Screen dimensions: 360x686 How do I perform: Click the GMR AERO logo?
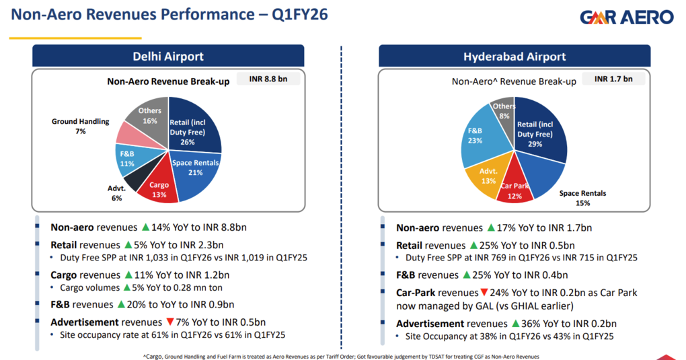point(625,18)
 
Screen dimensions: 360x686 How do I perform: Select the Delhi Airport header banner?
point(167,56)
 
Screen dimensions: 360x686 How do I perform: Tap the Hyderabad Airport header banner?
point(514,56)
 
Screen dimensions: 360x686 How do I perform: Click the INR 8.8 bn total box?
point(268,80)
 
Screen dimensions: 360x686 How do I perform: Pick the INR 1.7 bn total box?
point(613,79)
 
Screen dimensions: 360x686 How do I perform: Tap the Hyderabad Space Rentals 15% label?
point(582,198)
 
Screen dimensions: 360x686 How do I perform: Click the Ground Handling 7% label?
point(80,127)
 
